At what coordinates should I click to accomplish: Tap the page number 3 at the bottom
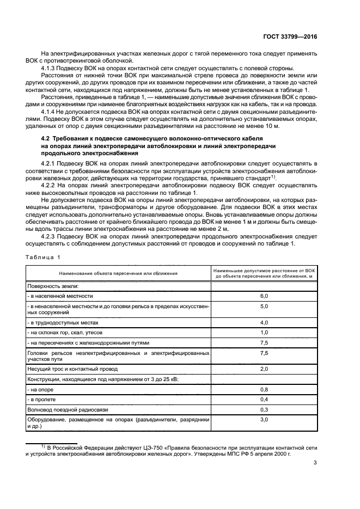pos(315,463)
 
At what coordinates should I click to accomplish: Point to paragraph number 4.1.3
pos(51,68)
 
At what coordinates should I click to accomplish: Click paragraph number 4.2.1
pos(51,163)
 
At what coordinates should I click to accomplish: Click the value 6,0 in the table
pos(264,296)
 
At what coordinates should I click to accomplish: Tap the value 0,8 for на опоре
pos(264,389)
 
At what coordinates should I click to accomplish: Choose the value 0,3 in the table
pos(264,409)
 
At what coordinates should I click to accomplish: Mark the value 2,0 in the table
pos(264,369)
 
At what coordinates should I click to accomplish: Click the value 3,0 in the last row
pos(264,420)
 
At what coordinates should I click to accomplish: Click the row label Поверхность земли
pos(53,285)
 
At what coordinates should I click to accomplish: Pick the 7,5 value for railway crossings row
pos(264,342)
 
